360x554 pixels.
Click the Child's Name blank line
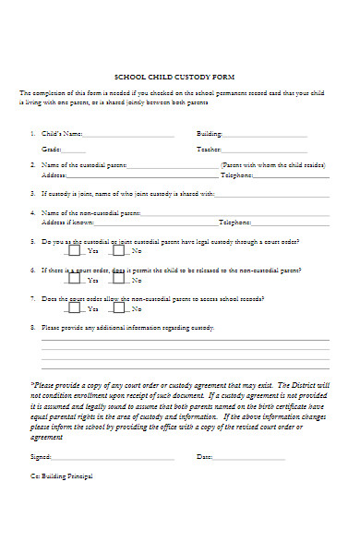pos(129,135)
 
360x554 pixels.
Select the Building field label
pos(210,133)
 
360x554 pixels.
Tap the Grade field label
pos(51,149)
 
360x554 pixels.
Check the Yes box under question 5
pos(74,249)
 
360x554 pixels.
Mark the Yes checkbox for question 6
pos(74,279)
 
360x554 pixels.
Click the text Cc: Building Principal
pos(62,476)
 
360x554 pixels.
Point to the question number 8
pos(32,327)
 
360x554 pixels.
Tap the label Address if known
pos(67,223)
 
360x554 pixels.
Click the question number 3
pos(32,194)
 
